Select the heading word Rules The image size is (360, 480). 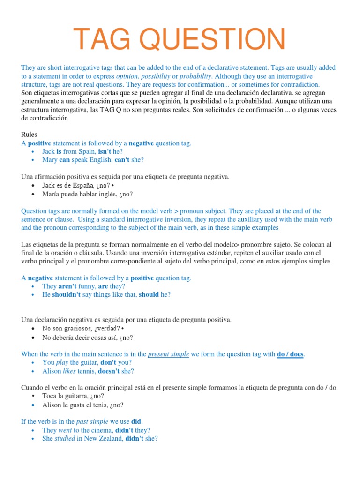click(29, 135)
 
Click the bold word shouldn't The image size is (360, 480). click(67, 295)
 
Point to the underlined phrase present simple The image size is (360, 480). click(168, 354)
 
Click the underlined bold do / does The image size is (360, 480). click(290, 354)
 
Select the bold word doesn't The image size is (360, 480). click(110, 371)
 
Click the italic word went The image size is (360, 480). click(65, 430)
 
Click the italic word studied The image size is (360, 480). click(65, 439)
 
